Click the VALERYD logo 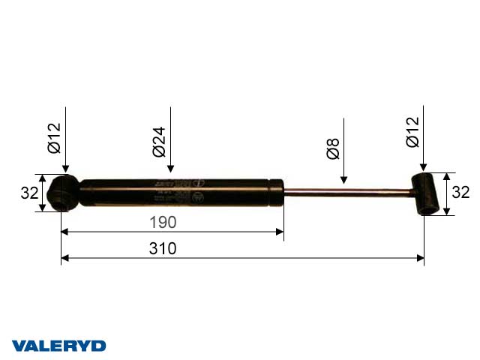click(59, 346)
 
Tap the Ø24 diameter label click(158, 140)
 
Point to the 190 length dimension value click(162, 222)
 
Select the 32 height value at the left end click(29, 193)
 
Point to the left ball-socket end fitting click(63, 193)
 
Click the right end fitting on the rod click(427, 193)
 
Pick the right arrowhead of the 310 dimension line click(420, 259)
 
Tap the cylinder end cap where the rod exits click(277, 192)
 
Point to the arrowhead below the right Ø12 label click(424, 167)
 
